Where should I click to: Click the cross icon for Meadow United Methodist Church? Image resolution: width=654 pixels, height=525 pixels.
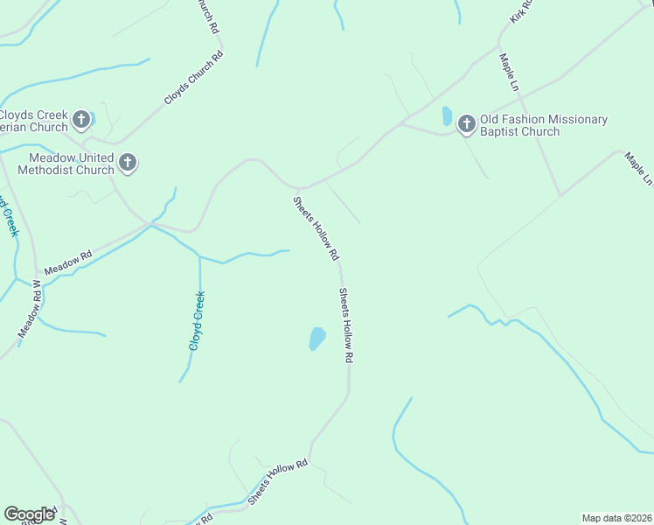(x=128, y=163)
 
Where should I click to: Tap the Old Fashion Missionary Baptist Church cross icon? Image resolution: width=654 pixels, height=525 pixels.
(x=466, y=125)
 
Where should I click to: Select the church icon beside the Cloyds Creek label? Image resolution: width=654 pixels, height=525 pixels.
(x=81, y=119)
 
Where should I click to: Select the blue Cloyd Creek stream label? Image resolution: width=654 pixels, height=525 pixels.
(x=198, y=321)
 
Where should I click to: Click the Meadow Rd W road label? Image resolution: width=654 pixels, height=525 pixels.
(x=30, y=309)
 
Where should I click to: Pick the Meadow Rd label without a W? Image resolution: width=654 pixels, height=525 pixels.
(x=68, y=262)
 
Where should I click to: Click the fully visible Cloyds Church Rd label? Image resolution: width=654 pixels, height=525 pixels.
(x=194, y=78)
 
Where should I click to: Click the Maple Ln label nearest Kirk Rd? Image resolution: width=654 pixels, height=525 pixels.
(x=509, y=70)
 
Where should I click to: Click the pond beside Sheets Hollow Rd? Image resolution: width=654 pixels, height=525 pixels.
(x=317, y=339)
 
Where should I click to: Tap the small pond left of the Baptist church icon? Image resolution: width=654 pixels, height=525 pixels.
(x=447, y=115)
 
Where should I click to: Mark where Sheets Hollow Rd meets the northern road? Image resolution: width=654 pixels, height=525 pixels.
(x=298, y=188)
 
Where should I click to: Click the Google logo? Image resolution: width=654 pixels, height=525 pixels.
(x=30, y=514)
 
